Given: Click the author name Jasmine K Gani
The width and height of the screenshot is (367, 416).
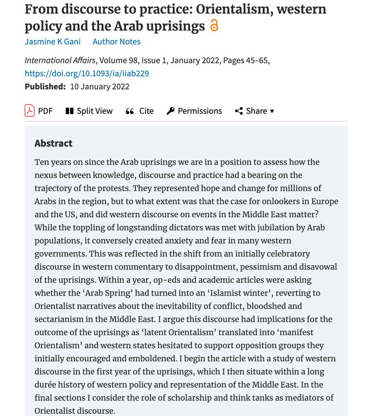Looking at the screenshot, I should (x=52, y=42).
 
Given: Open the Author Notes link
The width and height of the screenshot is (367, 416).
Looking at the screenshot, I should (x=117, y=42).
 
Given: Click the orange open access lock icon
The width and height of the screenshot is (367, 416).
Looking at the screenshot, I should (x=214, y=26).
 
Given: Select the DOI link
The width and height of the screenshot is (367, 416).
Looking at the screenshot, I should (x=87, y=73).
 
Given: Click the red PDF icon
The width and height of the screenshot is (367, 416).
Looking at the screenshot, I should (x=29, y=111).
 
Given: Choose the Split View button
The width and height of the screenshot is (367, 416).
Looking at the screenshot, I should (x=89, y=111).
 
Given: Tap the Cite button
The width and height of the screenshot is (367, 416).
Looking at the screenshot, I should (x=140, y=111).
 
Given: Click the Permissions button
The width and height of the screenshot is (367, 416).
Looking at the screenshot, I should (x=195, y=111).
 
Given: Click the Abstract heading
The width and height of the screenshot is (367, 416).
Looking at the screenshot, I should (x=53, y=143).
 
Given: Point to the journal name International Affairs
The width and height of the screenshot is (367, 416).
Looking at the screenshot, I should (x=60, y=60).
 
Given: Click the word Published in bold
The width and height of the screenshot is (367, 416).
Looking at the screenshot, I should (x=45, y=86).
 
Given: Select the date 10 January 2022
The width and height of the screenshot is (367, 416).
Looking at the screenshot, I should (x=100, y=86).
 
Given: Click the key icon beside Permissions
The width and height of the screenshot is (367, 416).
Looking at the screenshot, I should (x=171, y=111).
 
